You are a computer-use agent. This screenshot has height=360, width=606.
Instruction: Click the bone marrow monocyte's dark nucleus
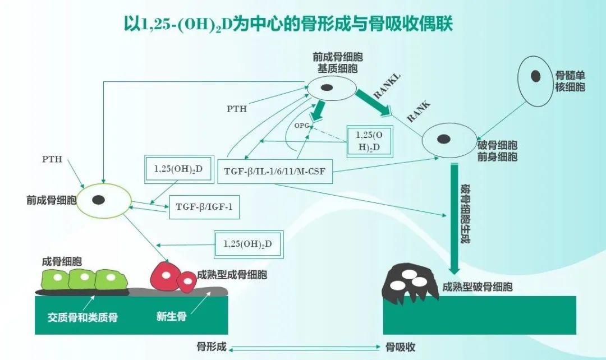(536, 76)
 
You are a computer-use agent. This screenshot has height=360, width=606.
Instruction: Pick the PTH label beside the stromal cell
(236, 109)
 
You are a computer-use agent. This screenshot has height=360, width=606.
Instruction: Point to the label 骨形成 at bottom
(212, 347)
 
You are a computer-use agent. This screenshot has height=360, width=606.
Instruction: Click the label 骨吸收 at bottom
(400, 347)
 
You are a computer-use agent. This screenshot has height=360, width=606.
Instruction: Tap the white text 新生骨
(171, 317)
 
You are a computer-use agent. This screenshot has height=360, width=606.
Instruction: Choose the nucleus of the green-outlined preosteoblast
(99, 200)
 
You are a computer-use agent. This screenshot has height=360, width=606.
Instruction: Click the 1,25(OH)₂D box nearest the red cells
(247, 244)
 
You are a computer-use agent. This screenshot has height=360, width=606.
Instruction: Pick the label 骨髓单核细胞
(570, 81)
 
